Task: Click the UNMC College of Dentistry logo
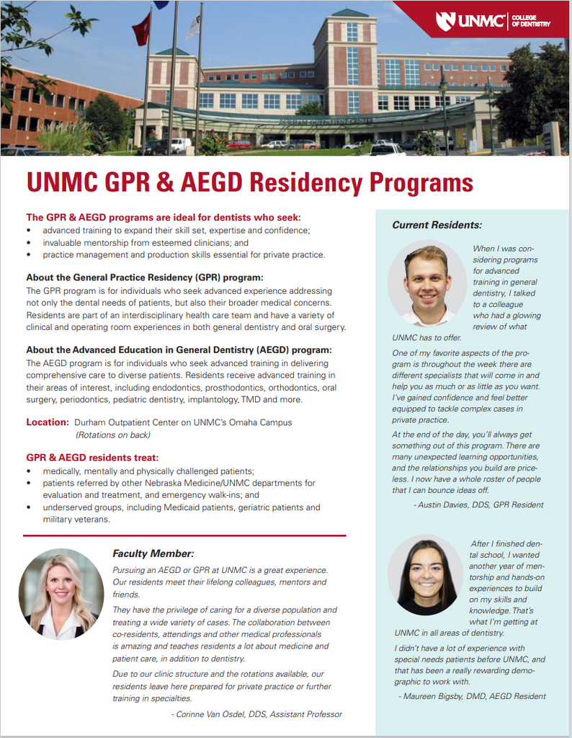pyautogui.click(x=493, y=21)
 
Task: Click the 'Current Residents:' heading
pyautogui.click(x=437, y=226)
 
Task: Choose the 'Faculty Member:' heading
pyautogui.click(x=153, y=553)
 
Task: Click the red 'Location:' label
pyautogui.click(x=48, y=422)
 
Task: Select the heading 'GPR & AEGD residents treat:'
pyautogui.click(x=92, y=458)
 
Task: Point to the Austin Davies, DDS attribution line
pyautogui.click(x=479, y=504)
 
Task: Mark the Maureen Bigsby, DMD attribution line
pyautogui.click(x=472, y=696)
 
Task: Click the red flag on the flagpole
pyautogui.click(x=141, y=28)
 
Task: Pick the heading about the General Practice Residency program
pyautogui.click(x=145, y=277)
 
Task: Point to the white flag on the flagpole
pyautogui.click(x=193, y=27)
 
